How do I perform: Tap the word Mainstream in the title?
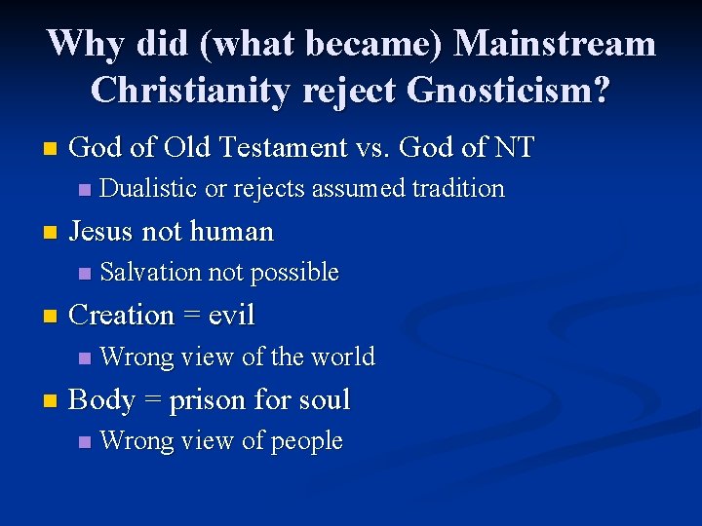[x=555, y=44]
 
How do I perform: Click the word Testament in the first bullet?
[x=262, y=148]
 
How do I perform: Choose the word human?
[x=232, y=232]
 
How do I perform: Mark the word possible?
[x=295, y=274]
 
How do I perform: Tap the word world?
[x=342, y=357]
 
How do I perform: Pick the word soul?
[x=326, y=400]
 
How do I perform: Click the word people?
[x=306, y=441]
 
